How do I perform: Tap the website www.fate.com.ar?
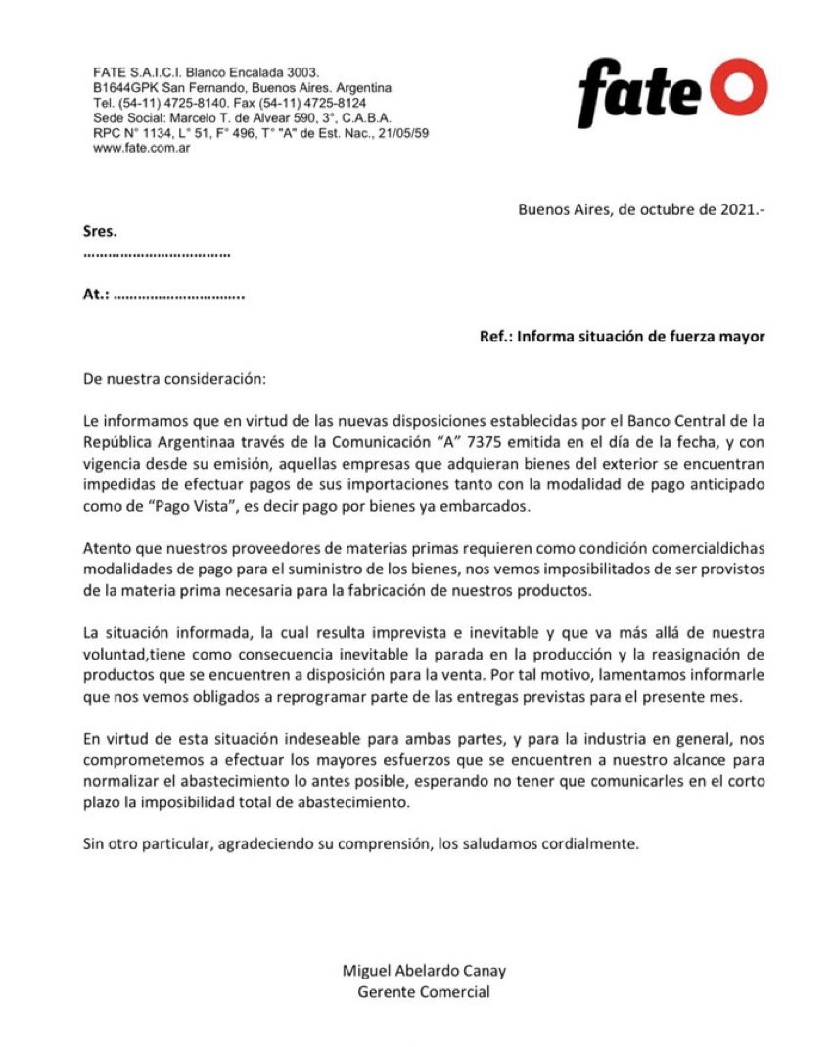(141, 148)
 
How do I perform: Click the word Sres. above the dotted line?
(100, 232)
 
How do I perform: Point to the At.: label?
(96, 295)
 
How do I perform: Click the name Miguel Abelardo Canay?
(424, 971)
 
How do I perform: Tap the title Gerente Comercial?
(424, 992)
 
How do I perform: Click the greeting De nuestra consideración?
(174, 378)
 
